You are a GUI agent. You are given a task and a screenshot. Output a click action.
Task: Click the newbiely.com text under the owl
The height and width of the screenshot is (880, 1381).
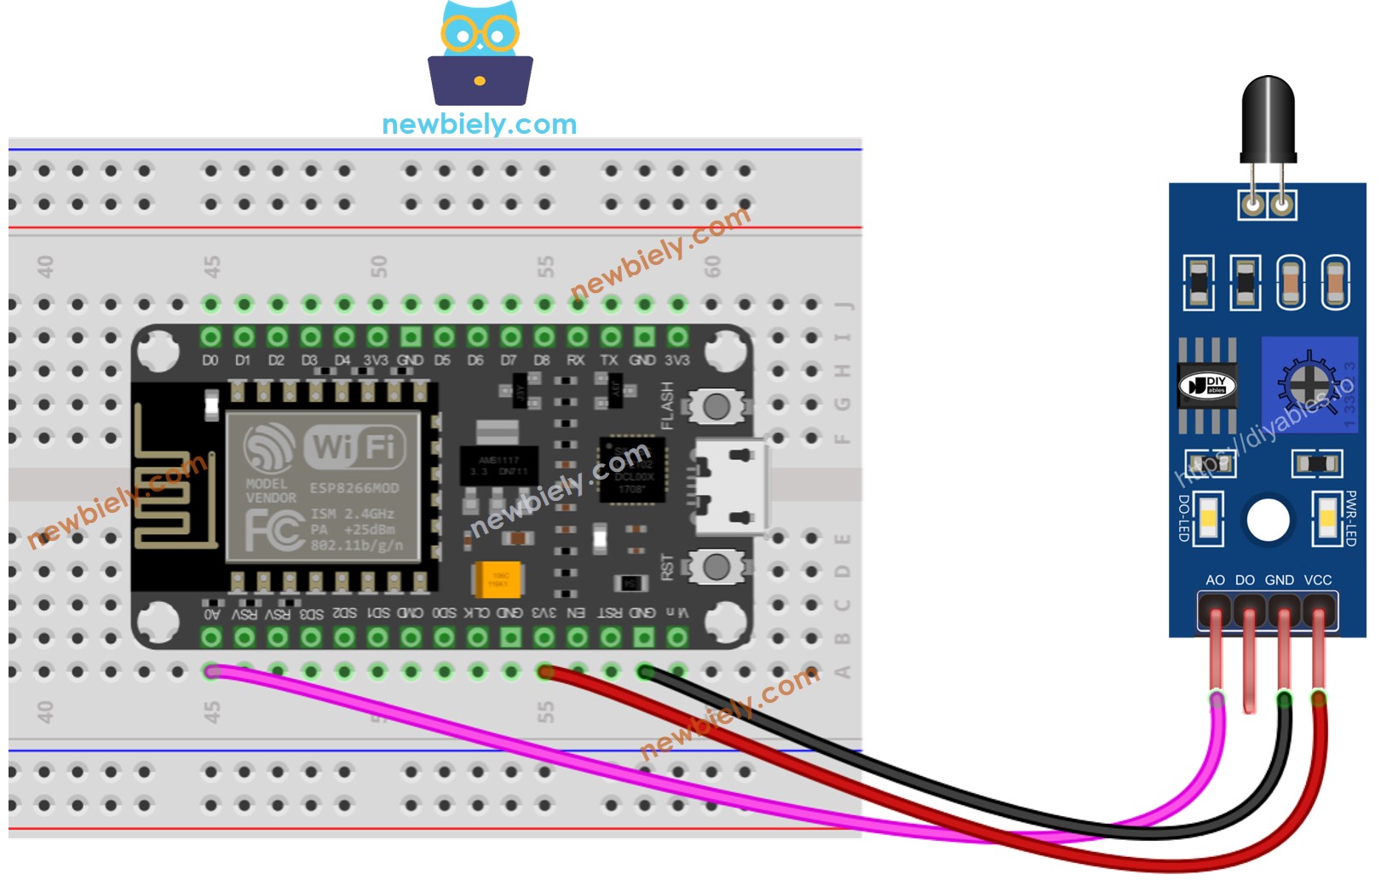(479, 124)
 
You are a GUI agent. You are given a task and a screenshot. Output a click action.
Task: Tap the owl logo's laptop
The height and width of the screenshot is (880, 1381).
(480, 80)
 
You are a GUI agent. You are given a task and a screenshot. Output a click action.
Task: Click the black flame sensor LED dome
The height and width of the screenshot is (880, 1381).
(1268, 116)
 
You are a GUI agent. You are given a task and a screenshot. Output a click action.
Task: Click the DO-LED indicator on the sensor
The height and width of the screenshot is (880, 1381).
(1208, 519)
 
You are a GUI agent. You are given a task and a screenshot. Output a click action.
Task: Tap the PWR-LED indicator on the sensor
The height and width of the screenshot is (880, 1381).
(1326, 519)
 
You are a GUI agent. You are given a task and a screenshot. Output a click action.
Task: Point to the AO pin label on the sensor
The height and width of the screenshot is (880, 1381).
(1215, 580)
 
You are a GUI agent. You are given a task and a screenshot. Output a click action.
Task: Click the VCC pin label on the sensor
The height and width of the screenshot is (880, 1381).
(1317, 580)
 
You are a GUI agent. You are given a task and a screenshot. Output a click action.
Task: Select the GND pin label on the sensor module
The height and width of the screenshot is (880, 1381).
(1279, 580)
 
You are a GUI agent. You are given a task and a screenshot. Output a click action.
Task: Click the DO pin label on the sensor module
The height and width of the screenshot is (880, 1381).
(1245, 580)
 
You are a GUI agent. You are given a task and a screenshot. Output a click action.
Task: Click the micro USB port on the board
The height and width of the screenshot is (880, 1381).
(730, 487)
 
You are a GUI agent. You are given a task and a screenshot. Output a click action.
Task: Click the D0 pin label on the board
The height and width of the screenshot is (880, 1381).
(210, 360)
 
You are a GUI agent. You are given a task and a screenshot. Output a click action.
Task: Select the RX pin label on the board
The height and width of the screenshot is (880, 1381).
(576, 360)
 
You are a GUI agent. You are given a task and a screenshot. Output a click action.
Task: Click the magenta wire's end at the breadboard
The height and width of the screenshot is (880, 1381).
(212, 672)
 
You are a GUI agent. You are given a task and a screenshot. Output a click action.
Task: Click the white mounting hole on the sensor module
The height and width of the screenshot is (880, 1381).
(1268, 520)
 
